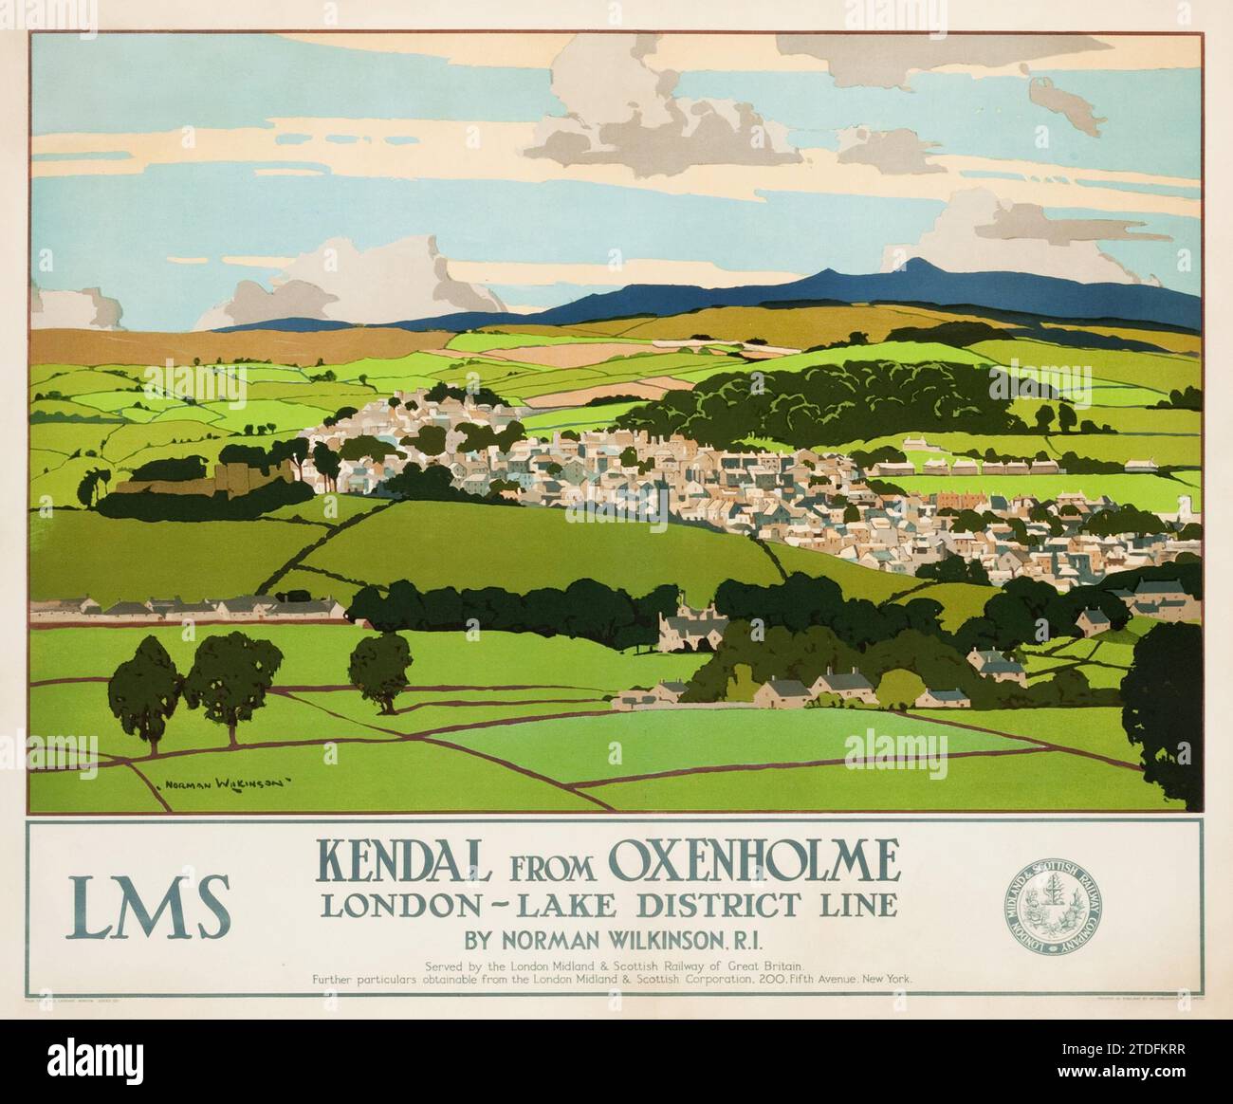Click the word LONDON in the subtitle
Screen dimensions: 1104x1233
click(x=388, y=905)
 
